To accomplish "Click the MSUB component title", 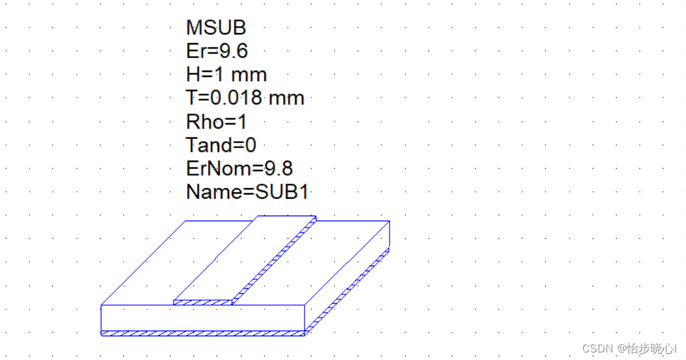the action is pos(216,27).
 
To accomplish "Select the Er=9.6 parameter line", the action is pos(217,51).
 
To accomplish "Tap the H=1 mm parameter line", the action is pos(226,74).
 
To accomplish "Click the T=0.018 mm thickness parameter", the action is pos(245,97).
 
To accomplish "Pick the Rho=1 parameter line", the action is pos(216,121).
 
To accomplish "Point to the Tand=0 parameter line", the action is pos(221,145).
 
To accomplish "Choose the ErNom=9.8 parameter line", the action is pos(240,168).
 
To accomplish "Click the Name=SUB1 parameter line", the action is pos(247,192).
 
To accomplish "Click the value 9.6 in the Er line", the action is pos(233,51).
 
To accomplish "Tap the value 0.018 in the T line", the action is pos(236,97).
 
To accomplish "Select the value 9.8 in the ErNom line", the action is pos(278,168).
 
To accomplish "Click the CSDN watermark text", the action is pos(629,348).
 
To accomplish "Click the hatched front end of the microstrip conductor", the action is pos(203,302).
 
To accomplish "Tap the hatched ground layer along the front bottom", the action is pos(203,333).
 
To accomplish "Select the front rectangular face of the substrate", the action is pos(203,318).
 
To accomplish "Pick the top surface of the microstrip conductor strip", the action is pos(245,258).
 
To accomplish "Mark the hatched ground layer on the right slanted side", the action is pos(347,291).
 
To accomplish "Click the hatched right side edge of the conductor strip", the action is pos(275,261).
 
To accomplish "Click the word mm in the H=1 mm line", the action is pos(249,75).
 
